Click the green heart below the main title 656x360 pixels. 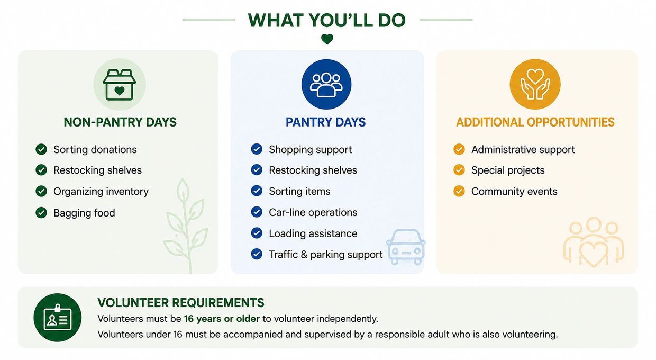click(327, 39)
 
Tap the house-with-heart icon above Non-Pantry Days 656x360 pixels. click(120, 84)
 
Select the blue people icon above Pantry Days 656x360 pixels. click(326, 84)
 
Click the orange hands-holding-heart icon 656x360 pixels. click(535, 84)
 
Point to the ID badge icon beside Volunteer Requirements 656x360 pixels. click(57, 318)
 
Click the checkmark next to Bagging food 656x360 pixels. click(41, 213)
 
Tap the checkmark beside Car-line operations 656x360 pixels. click(257, 212)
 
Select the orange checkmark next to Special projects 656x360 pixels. click(459, 170)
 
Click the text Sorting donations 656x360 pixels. click(95, 149)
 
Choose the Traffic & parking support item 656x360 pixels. click(326, 255)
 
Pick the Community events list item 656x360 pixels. click(514, 192)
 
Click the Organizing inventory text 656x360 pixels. click(101, 192)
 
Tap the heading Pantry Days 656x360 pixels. click(326, 122)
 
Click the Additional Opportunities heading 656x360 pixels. click(535, 122)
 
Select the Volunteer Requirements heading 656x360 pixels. click(181, 302)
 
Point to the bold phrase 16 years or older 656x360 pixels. click(222, 319)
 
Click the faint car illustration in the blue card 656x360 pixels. click(406, 247)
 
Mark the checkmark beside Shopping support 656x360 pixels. click(257, 149)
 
